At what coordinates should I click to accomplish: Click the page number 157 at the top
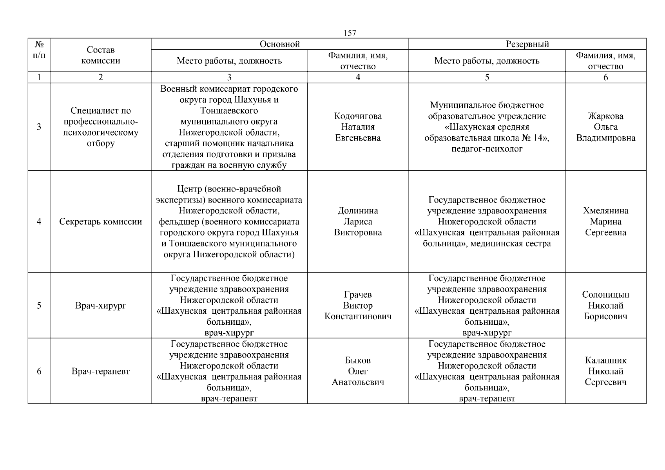350,33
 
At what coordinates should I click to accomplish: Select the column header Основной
280,44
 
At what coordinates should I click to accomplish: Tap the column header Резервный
527,44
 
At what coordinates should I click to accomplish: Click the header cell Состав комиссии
101,55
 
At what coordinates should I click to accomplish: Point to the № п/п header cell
39,50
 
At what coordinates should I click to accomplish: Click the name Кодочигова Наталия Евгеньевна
358,127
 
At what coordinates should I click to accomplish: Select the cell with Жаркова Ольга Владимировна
605,127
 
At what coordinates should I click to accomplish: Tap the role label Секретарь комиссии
101,222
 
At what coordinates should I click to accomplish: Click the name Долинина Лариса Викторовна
358,222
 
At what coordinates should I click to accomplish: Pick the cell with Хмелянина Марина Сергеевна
605,222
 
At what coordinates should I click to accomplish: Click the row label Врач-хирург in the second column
101,305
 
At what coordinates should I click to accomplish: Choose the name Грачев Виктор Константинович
358,305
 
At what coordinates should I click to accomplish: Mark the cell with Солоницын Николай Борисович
605,305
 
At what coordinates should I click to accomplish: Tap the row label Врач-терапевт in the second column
101,371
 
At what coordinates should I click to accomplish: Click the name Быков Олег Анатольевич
358,371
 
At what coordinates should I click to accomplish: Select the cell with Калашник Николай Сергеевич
605,371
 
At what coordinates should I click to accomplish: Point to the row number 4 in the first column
39,222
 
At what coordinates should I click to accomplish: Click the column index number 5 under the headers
487,78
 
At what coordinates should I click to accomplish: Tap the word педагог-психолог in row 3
487,149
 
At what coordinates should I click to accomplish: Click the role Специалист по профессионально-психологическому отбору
101,127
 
